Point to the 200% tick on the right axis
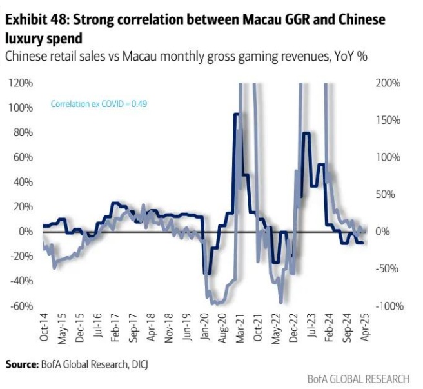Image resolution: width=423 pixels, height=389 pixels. pyautogui.click(x=388, y=84)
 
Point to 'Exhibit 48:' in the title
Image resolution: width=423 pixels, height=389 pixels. pyautogui.click(x=34, y=20)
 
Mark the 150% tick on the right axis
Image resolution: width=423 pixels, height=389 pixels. pyautogui.click(x=388, y=121)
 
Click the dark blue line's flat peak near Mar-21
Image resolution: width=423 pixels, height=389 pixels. pyautogui.click(x=237, y=114)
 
